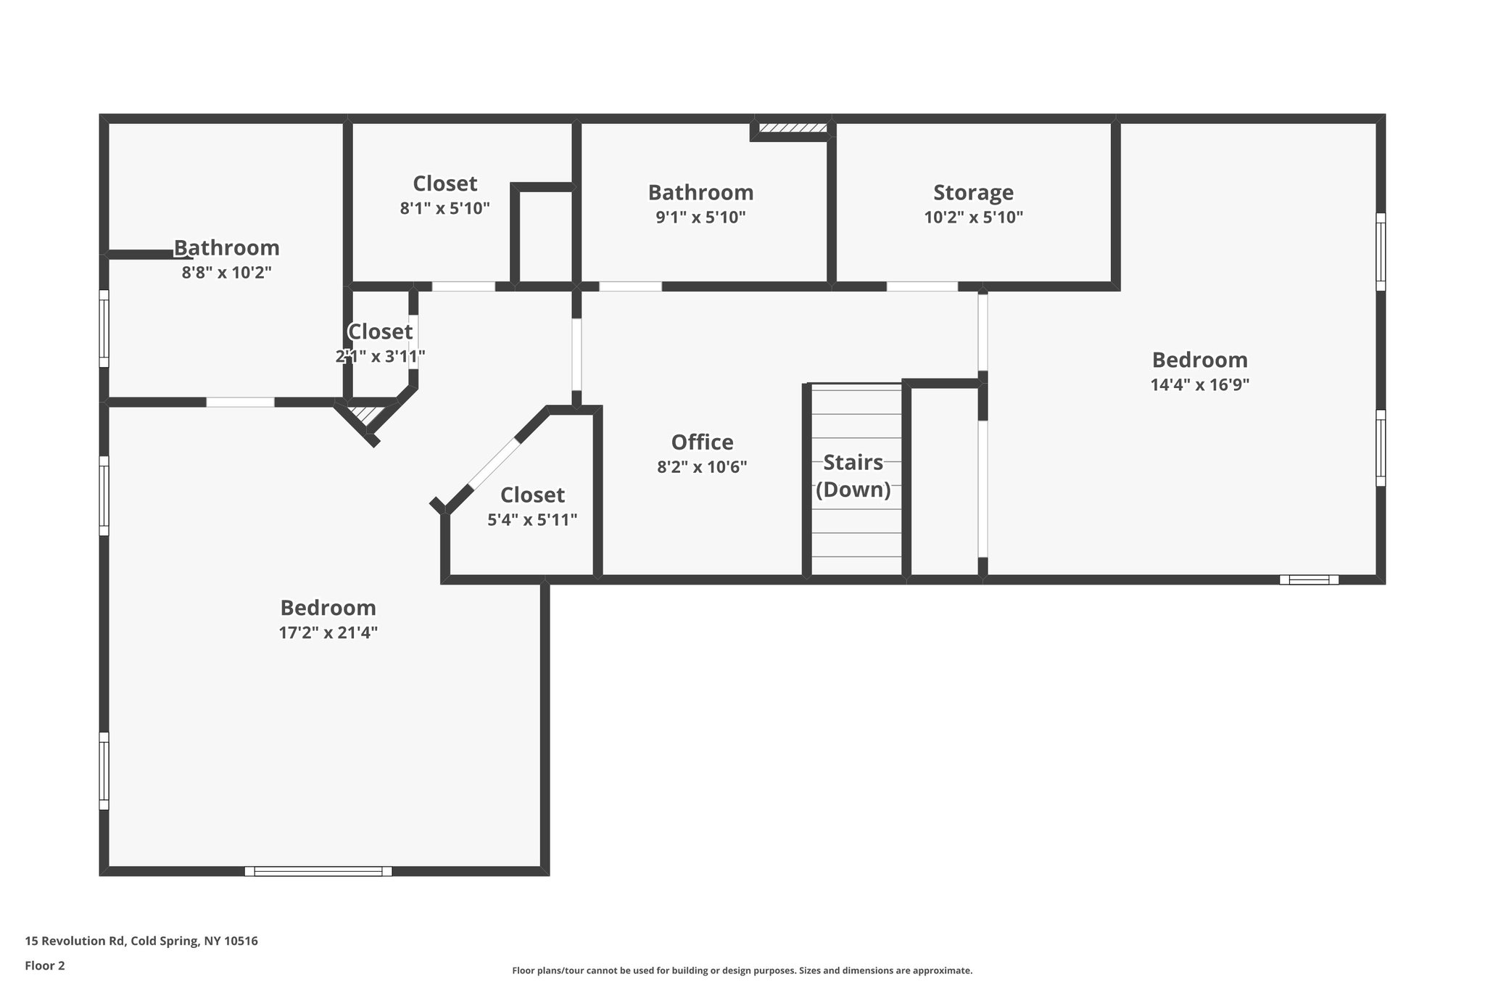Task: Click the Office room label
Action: [702, 442]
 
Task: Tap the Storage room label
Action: [973, 192]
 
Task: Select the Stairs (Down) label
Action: [853, 476]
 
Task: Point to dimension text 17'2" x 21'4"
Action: [328, 632]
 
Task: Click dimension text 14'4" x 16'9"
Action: [1199, 384]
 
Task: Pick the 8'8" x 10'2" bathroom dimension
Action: [226, 273]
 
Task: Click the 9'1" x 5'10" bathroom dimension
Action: [700, 217]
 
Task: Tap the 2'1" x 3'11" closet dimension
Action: [380, 356]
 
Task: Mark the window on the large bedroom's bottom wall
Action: [318, 871]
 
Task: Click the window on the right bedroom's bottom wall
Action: [1309, 579]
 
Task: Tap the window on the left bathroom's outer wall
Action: [104, 329]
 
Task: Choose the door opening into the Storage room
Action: [922, 286]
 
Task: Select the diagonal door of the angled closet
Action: [495, 464]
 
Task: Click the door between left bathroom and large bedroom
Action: [240, 402]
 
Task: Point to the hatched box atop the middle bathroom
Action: [793, 128]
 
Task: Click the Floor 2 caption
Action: [45, 965]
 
